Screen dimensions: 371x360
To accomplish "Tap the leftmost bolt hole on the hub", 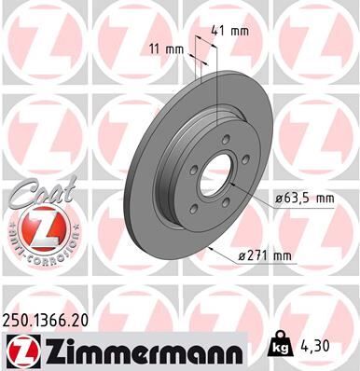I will pos(189,172).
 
